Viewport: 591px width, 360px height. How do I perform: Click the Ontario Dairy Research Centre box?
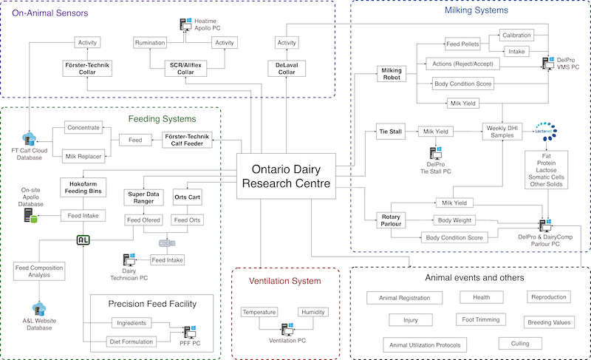point(286,176)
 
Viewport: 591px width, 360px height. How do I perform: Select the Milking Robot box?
point(392,74)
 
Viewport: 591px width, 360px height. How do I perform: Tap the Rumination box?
point(150,43)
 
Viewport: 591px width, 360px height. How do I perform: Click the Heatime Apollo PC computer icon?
point(186,24)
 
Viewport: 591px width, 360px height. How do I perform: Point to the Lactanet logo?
point(547,131)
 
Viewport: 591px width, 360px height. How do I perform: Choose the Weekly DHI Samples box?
point(502,132)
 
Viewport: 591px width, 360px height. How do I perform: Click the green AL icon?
point(83,240)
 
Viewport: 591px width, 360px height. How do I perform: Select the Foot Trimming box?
point(481,319)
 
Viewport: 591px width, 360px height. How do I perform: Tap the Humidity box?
point(312,312)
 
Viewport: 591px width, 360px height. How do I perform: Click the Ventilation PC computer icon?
point(287,330)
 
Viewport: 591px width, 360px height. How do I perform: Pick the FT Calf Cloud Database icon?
point(29,139)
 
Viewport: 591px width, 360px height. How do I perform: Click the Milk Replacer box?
point(83,157)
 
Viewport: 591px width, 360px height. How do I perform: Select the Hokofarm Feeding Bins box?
point(83,188)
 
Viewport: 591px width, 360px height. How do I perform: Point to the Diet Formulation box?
point(131,342)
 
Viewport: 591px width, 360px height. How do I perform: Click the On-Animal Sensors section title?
point(50,13)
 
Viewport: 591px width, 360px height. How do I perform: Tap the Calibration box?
point(516,35)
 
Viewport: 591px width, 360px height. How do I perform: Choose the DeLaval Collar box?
point(287,69)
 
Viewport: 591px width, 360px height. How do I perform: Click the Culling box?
point(520,344)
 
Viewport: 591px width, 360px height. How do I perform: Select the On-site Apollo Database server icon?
point(30,215)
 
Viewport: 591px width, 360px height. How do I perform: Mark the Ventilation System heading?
point(285,281)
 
